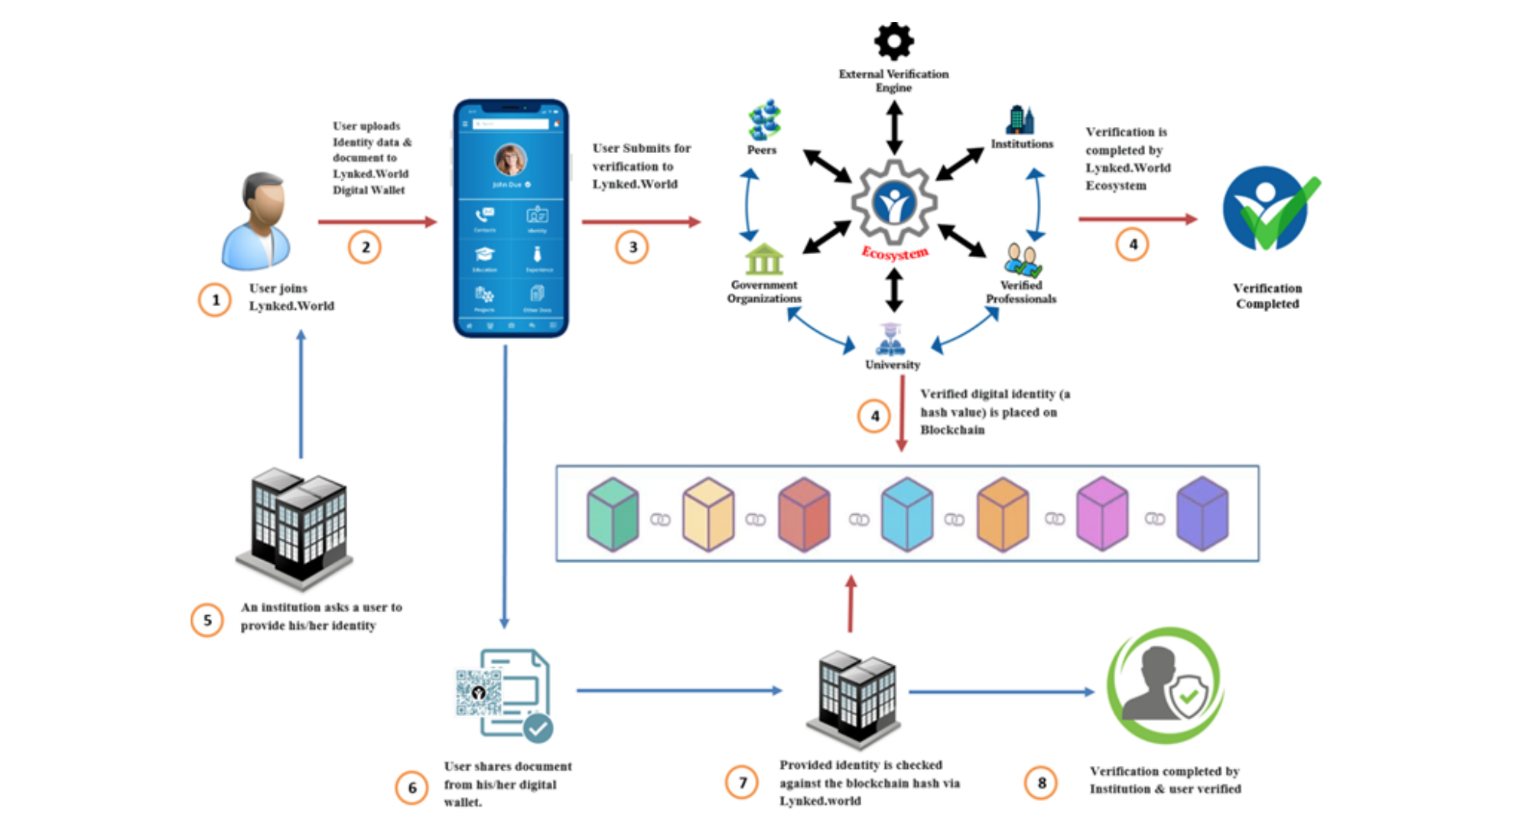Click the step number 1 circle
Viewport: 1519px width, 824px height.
pos(215,300)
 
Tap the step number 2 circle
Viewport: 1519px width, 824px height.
pos(365,247)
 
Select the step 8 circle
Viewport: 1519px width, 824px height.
pos(1041,783)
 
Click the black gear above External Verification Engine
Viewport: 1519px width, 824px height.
pos(893,41)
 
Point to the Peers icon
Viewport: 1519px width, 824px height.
pos(763,120)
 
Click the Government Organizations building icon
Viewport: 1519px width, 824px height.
pos(764,259)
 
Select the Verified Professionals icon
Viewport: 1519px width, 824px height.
pos(1023,260)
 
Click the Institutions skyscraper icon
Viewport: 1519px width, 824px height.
pos(1020,120)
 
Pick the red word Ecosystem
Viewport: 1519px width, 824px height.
pos(895,253)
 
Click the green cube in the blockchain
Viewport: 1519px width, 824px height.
pos(613,514)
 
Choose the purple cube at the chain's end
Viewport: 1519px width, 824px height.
pos(1202,514)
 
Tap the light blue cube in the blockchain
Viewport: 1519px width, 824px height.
pos(907,514)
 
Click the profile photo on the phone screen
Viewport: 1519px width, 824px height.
pos(510,160)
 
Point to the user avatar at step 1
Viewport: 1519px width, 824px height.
pos(257,221)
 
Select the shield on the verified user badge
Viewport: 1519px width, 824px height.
pos(1189,695)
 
